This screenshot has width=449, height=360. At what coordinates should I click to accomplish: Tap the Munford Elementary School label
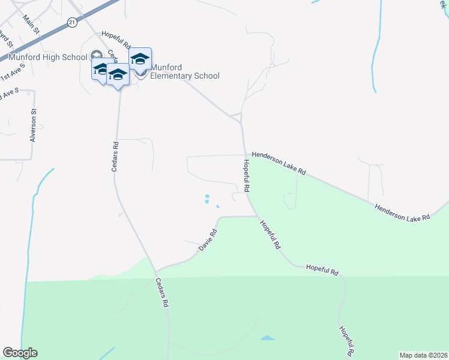point(184,71)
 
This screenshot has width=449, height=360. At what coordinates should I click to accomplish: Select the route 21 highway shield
point(72,22)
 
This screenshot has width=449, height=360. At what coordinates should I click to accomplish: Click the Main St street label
point(31,25)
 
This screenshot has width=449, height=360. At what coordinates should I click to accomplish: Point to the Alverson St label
point(34,125)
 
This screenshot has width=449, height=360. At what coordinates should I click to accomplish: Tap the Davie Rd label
point(207,240)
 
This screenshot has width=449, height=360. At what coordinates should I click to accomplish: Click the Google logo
point(20,353)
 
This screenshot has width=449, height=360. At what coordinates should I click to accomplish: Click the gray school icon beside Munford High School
point(96,56)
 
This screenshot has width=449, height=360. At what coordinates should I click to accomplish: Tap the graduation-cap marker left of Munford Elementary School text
point(140,59)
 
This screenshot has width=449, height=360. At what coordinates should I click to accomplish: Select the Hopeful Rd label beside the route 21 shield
point(116,40)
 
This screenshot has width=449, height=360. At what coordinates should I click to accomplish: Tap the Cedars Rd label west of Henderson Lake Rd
point(115,157)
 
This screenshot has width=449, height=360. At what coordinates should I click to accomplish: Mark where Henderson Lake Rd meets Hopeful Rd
point(245,154)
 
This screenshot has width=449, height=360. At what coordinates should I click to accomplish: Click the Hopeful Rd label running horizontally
point(322,269)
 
